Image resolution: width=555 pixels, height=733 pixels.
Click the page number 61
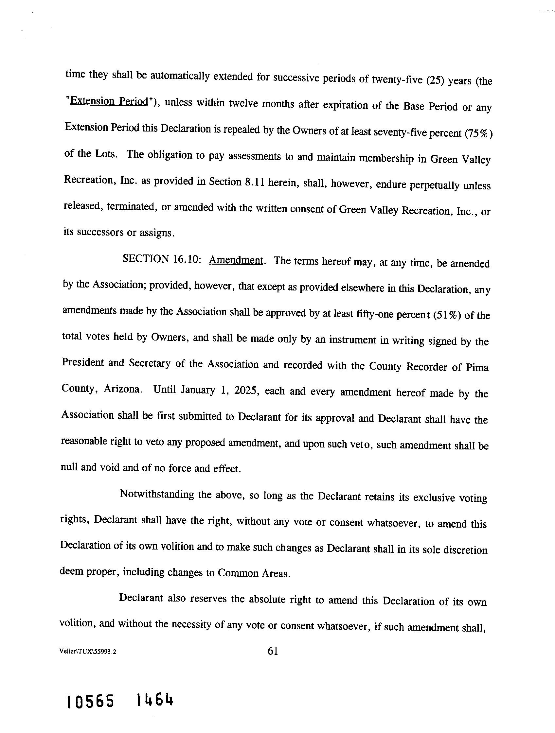click(273, 651)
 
